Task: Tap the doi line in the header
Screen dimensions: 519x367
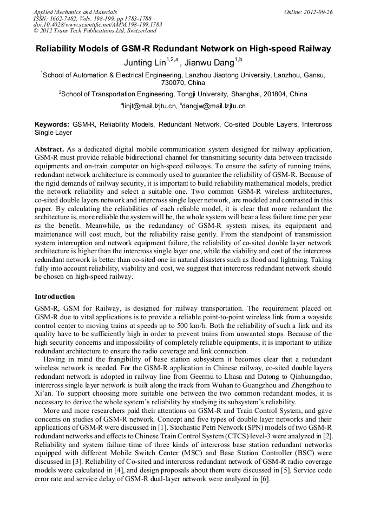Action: click(x=97, y=24)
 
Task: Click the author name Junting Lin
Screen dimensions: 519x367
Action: click(x=145, y=62)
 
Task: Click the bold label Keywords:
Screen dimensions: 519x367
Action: click(x=52, y=124)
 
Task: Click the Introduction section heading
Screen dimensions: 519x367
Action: click(x=55, y=297)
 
